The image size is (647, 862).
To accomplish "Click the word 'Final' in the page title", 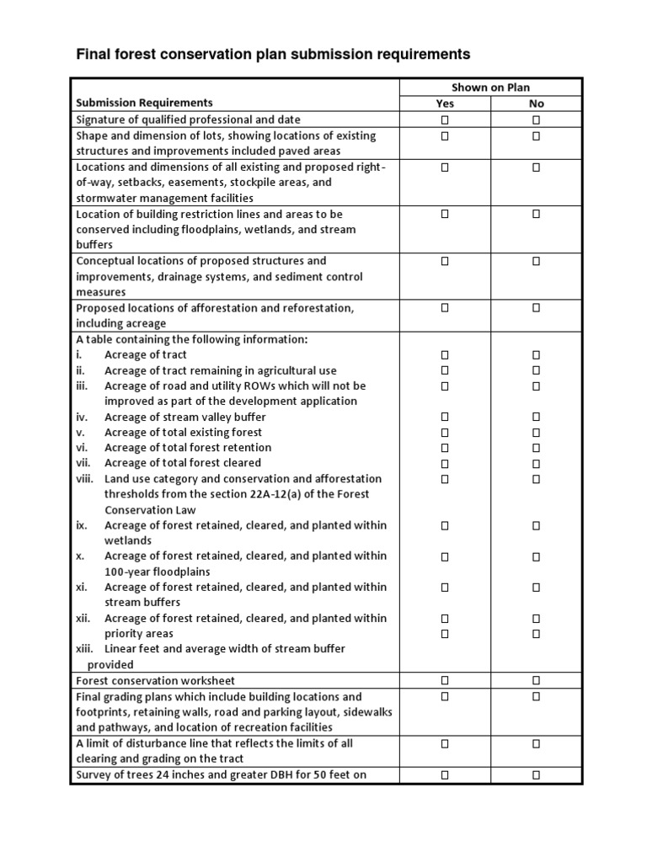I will pyautogui.click(x=94, y=55).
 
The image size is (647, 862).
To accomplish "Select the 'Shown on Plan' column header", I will pyautogui.click(x=490, y=88).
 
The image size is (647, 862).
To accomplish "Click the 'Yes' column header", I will pyautogui.click(x=445, y=104).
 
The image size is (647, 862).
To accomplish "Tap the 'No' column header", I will pyautogui.click(x=536, y=104).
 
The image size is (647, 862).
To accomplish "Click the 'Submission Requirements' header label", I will pyautogui.click(x=144, y=104).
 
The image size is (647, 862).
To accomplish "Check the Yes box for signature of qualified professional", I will pyautogui.click(x=445, y=120).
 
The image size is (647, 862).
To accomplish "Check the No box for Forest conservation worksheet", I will pyautogui.click(x=536, y=680).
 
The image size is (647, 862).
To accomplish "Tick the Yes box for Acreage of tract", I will pyautogui.click(x=445, y=355).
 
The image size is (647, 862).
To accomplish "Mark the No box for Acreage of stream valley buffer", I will pyautogui.click(x=536, y=417).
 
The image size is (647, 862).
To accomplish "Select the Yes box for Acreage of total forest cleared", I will pyautogui.click(x=445, y=463).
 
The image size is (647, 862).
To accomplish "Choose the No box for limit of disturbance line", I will pyautogui.click(x=536, y=743).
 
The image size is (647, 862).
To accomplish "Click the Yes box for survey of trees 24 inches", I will pyautogui.click(x=445, y=774).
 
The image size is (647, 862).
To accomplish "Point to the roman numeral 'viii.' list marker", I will pyautogui.click(x=84, y=479).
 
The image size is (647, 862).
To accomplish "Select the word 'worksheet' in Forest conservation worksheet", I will pyautogui.click(x=209, y=680).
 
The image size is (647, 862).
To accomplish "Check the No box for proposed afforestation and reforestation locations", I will pyautogui.click(x=536, y=308).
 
